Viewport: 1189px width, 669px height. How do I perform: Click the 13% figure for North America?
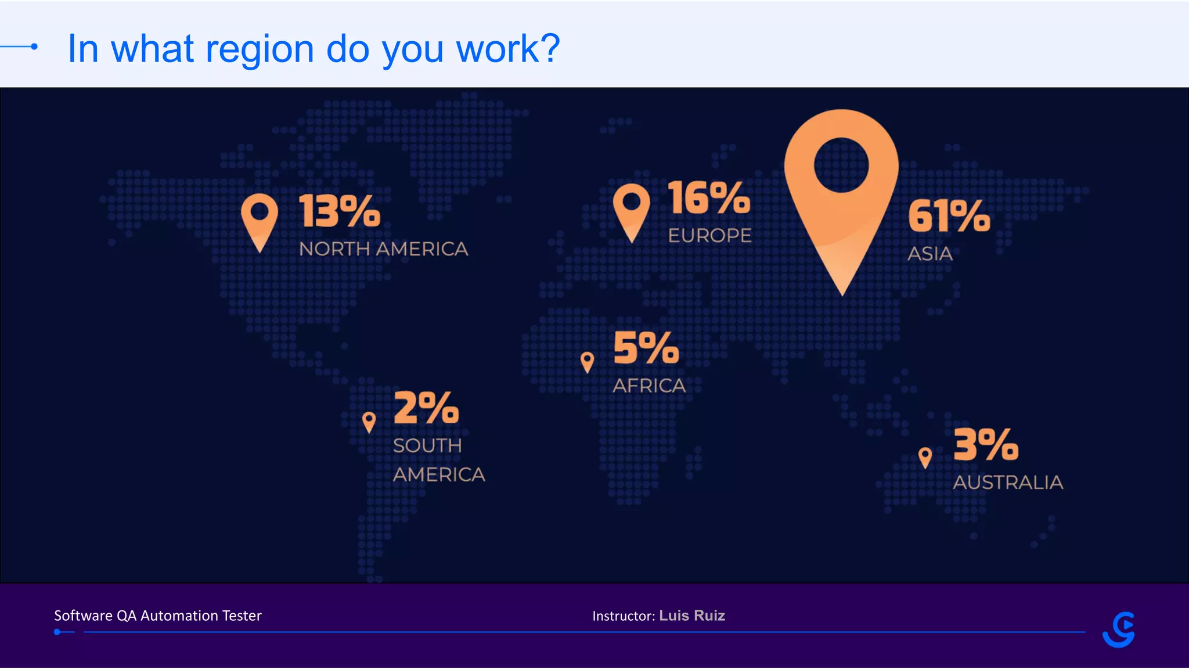[340, 211]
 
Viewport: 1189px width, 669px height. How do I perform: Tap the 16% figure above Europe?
[708, 198]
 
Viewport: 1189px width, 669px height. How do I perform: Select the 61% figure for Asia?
[949, 216]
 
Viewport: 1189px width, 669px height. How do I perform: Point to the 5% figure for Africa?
[646, 348]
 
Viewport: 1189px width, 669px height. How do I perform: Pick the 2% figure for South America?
[426, 408]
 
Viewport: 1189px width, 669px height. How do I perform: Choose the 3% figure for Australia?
[986, 445]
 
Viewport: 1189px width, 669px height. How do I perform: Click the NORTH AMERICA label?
[383, 249]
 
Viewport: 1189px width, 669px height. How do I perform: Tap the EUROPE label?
[709, 236]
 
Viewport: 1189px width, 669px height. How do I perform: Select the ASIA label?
[930, 254]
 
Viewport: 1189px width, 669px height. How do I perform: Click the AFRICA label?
[649, 386]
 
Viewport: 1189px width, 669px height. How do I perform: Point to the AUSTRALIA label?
[1008, 483]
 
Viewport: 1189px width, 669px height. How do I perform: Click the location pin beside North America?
[260, 221]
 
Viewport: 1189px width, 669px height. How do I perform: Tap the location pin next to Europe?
[631, 210]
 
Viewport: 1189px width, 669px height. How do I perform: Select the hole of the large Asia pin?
[841, 165]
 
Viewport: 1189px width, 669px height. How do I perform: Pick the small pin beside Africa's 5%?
[587, 361]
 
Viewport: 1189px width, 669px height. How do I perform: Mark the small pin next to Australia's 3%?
[925, 457]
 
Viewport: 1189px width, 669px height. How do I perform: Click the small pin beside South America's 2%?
[369, 421]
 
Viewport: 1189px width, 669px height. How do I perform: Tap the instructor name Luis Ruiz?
[692, 616]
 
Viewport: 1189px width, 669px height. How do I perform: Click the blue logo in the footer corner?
[1119, 630]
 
